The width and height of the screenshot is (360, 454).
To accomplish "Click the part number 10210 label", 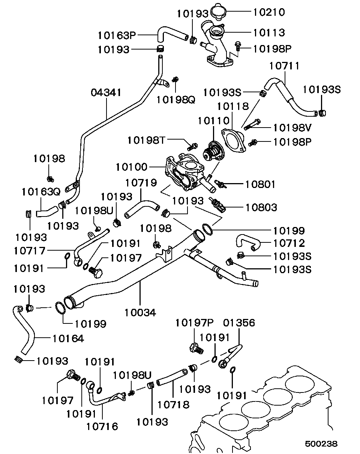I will (x=269, y=12).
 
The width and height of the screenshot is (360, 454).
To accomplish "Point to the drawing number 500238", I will (x=321, y=443).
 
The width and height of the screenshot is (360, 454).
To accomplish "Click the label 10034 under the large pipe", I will (x=140, y=312).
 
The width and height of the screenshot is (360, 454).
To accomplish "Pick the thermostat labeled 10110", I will (x=211, y=150).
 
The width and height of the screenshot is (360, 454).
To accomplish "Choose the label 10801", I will (x=260, y=184).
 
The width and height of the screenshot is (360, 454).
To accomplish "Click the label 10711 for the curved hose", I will (x=285, y=66).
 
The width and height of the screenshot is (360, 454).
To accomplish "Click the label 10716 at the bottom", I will (x=102, y=426).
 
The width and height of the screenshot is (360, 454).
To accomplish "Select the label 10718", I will (x=173, y=404).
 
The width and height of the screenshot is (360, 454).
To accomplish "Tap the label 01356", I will (x=239, y=323).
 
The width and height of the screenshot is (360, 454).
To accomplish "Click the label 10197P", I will (x=193, y=323).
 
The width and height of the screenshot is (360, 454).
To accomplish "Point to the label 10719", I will (x=141, y=183).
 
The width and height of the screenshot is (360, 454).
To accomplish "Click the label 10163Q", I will (x=41, y=192).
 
